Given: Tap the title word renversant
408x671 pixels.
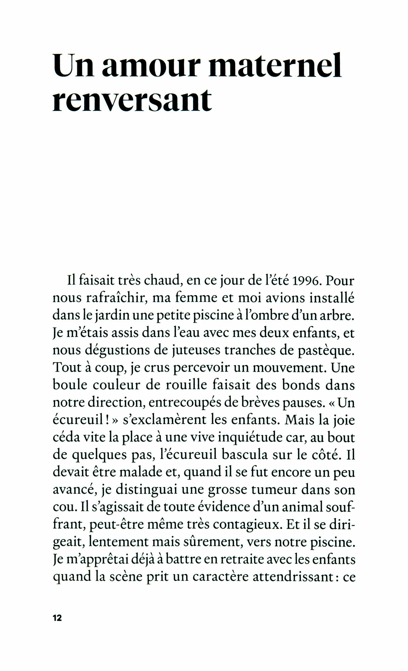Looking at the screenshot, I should (x=132, y=100).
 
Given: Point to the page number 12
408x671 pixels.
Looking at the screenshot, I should (x=57, y=618).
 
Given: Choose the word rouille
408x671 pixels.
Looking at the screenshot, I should (x=187, y=385).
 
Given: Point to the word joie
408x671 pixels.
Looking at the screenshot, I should (x=344, y=420).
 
